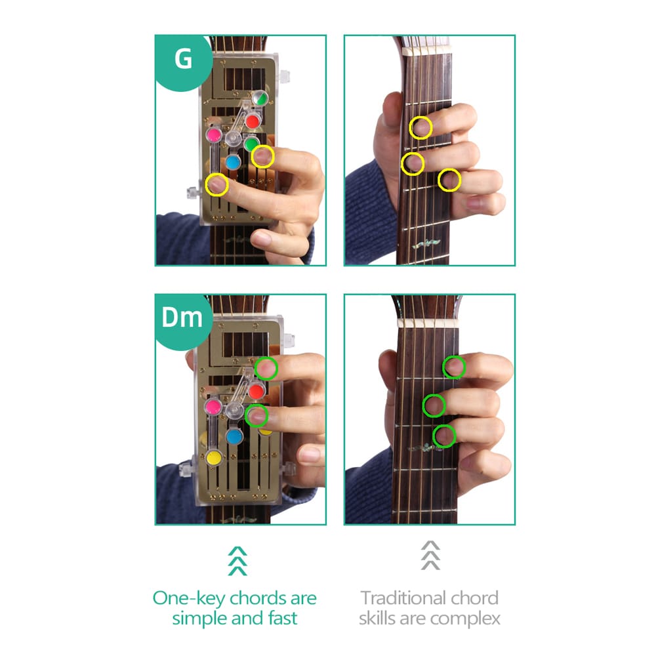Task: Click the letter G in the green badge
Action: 183,59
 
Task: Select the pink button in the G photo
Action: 214,134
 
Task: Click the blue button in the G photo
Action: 233,161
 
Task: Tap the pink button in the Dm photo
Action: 213,407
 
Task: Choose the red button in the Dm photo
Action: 256,391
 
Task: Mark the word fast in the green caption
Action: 280,618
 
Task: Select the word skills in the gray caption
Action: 380,618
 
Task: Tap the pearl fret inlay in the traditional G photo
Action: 423,245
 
